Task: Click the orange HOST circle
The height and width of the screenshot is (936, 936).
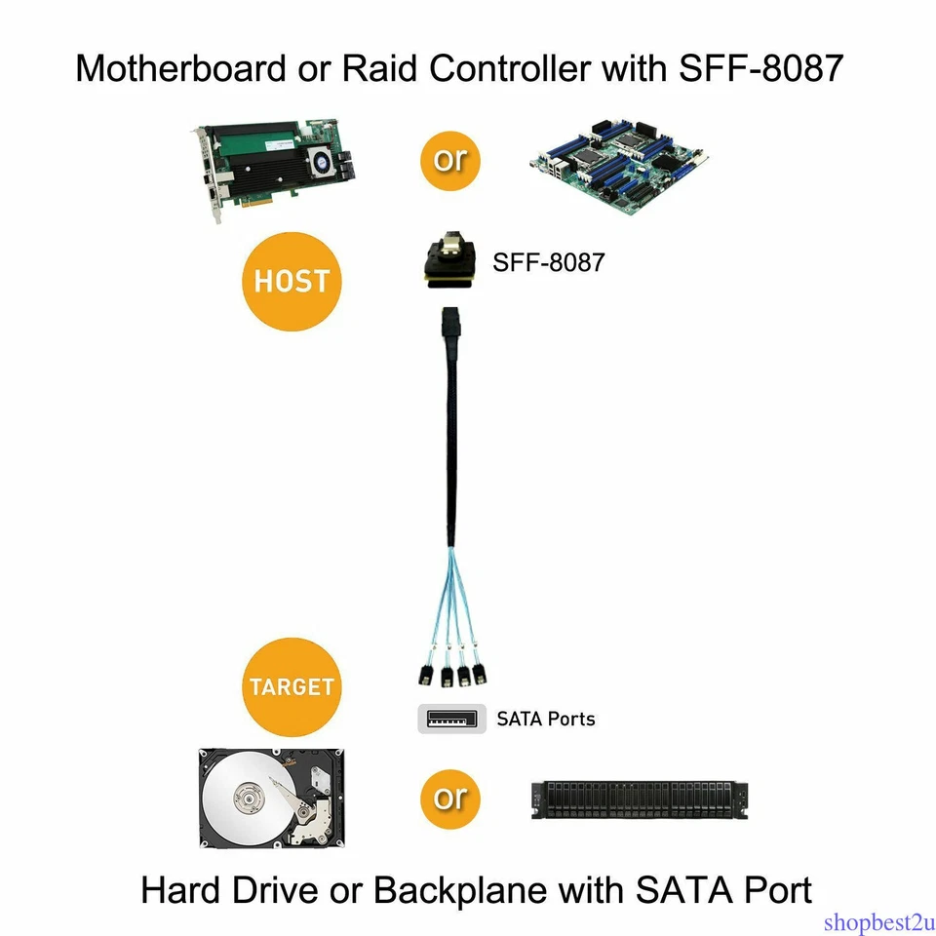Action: click(x=292, y=282)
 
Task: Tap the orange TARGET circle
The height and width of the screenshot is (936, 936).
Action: click(x=292, y=686)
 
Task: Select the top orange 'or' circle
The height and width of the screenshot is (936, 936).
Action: click(x=450, y=159)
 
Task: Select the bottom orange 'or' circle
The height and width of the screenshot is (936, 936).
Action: click(x=450, y=798)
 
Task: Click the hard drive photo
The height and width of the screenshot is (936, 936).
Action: click(x=271, y=797)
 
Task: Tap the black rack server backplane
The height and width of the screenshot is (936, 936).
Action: click(x=643, y=799)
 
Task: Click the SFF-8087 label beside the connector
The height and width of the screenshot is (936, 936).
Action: click(x=548, y=262)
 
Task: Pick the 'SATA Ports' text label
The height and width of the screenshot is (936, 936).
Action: click(x=545, y=720)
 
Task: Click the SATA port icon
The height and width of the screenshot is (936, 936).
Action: click(x=451, y=719)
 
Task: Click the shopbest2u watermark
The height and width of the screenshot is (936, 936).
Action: click(x=877, y=921)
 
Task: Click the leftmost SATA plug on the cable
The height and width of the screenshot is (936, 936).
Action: click(x=426, y=676)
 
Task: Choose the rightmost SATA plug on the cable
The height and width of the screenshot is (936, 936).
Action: click(x=479, y=676)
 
